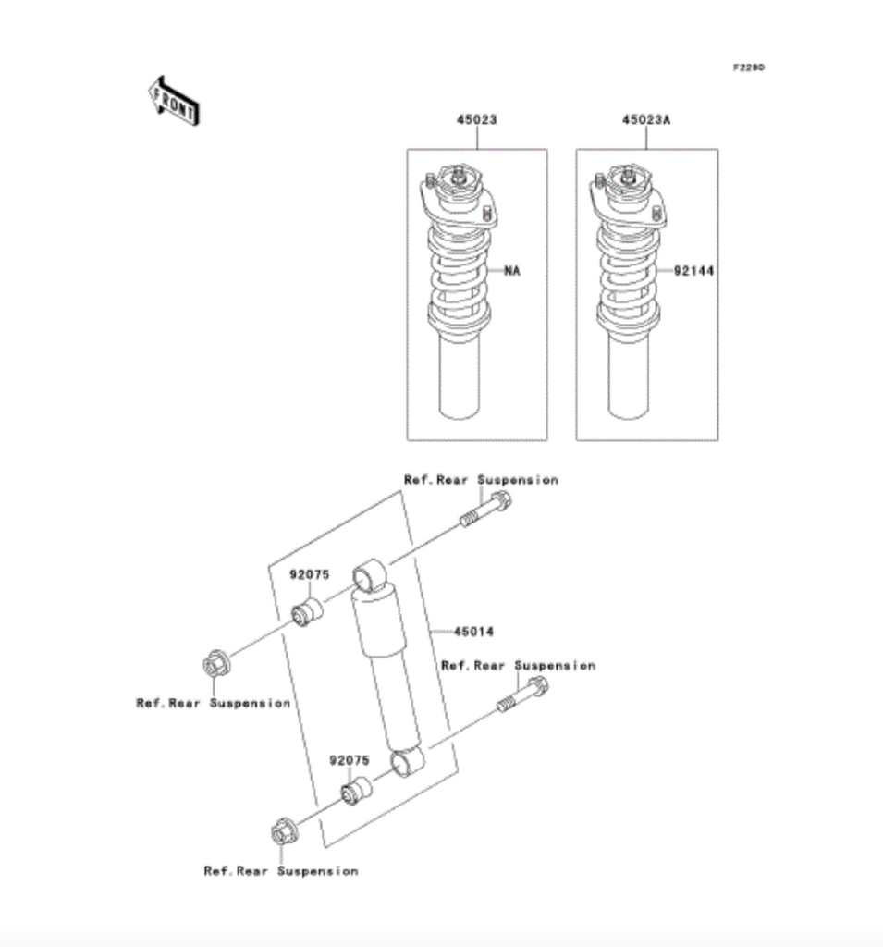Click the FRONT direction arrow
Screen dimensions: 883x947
coord(175,101)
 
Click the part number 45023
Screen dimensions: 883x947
coord(476,119)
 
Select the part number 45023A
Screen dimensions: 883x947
coord(646,119)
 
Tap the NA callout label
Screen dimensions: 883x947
coord(512,271)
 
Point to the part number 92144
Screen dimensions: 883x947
coord(694,271)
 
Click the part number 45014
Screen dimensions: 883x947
coord(473,632)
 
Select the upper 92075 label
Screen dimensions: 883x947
coord(309,574)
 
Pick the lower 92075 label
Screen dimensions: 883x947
coord(350,760)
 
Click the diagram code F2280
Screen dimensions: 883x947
coord(749,68)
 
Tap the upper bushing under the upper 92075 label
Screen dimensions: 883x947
coord(307,612)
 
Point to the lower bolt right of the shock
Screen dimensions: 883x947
coord(523,695)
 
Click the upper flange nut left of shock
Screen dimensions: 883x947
coord(215,664)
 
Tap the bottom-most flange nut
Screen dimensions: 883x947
coord(284,832)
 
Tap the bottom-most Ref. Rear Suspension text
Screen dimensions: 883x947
coord(281,871)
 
